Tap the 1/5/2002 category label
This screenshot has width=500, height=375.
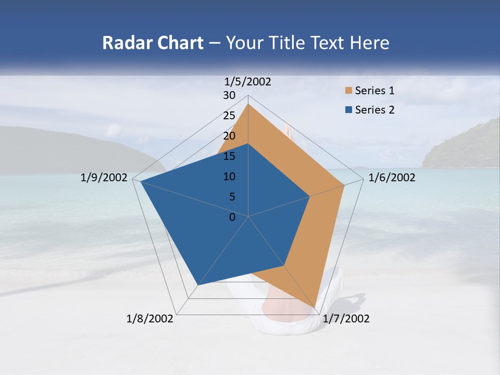tap(248, 82)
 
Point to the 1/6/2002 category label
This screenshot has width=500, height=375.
tap(392, 178)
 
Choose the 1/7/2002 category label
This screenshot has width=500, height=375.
tap(346, 319)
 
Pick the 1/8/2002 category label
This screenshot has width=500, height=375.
tap(150, 319)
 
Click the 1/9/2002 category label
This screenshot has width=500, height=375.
tap(104, 178)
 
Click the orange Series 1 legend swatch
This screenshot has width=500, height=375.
tap(348, 91)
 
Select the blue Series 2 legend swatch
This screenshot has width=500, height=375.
tap(348, 110)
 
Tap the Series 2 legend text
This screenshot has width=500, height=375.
tap(374, 110)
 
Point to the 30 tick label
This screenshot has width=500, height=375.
tap(229, 95)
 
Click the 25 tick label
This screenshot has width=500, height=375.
tap(229, 116)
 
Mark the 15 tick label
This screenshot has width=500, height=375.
tap(229, 156)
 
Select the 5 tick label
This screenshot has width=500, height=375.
tap(232, 197)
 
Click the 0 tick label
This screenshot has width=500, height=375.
tap(232, 217)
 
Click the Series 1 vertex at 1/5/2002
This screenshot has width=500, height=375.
tap(248, 104)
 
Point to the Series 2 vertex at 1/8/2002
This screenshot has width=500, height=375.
tap(197, 285)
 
